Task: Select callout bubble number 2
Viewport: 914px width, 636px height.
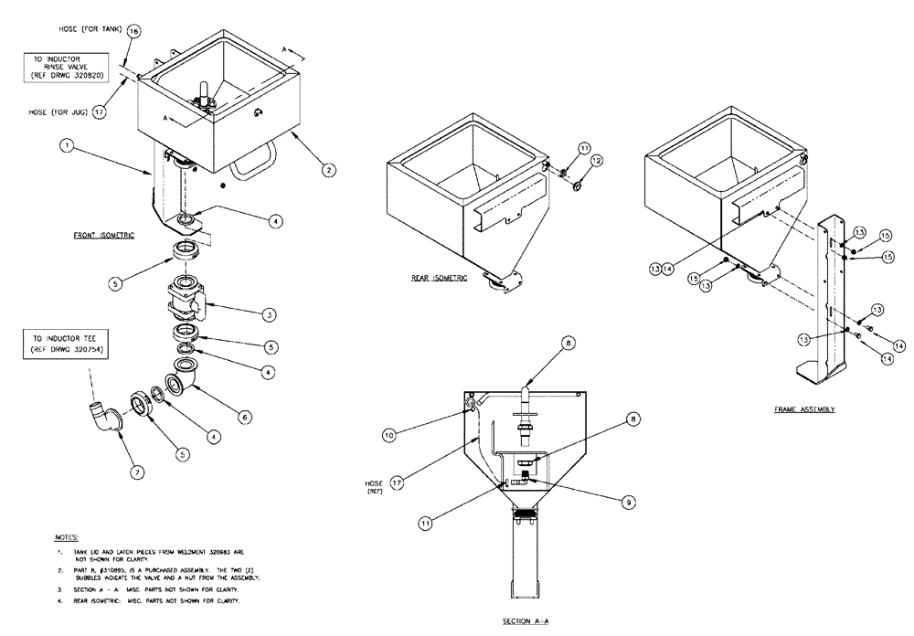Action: (x=327, y=167)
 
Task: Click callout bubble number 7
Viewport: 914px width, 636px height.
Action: (x=137, y=472)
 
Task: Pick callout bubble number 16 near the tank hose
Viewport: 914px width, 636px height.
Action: (x=133, y=31)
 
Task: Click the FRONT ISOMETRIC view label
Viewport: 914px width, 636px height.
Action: (x=104, y=236)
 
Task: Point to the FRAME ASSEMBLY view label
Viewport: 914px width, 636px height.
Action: (x=803, y=409)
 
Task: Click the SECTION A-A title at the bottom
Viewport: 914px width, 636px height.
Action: (x=525, y=620)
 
